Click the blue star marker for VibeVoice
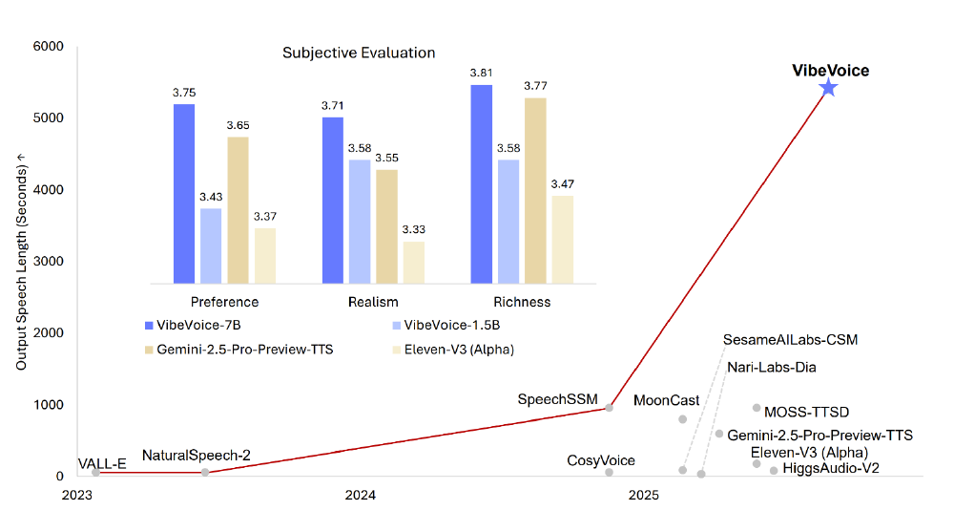(828, 88)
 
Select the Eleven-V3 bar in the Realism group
(414, 262)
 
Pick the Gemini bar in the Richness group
(535, 190)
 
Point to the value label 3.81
(481, 73)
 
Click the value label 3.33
(414, 230)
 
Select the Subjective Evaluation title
(359, 53)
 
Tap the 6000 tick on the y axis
(48, 47)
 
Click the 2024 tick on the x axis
(361, 495)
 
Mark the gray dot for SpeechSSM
(610, 407)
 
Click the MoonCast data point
(682, 419)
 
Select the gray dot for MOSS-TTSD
(757, 408)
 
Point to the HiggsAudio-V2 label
(831, 468)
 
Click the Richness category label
(522, 302)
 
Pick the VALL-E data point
(95, 472)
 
